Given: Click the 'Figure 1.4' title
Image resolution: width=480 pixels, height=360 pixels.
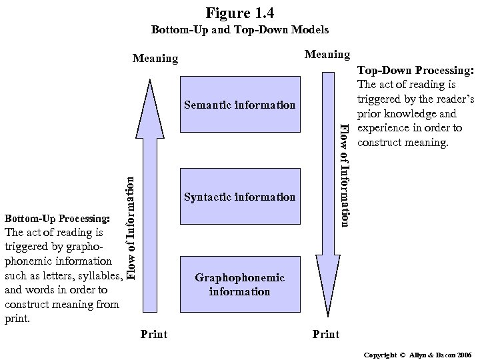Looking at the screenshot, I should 240,13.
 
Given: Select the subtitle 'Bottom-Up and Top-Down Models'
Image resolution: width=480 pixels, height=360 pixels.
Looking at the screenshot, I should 240,30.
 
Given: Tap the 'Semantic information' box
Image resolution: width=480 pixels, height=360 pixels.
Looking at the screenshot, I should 239,105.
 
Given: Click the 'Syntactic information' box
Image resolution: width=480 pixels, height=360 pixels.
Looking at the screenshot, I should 239,197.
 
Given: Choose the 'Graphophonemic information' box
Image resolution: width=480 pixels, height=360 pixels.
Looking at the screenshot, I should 239,285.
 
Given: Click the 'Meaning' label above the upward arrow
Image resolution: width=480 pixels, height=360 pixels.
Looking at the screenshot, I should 155,59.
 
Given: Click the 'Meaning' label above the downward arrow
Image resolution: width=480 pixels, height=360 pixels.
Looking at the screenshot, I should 327,54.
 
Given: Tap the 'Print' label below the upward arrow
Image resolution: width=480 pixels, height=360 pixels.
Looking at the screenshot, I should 154,333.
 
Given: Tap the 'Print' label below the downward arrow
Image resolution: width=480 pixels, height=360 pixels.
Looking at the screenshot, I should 326,333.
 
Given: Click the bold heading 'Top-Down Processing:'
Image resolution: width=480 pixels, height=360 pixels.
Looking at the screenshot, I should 415,71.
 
